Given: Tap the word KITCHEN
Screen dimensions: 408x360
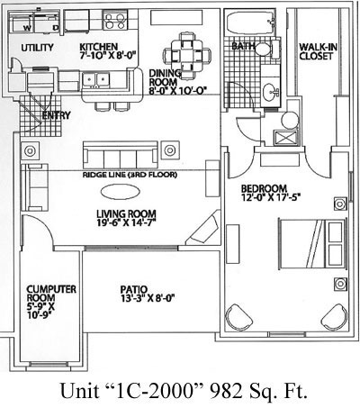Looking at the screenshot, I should tap(98, 47).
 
